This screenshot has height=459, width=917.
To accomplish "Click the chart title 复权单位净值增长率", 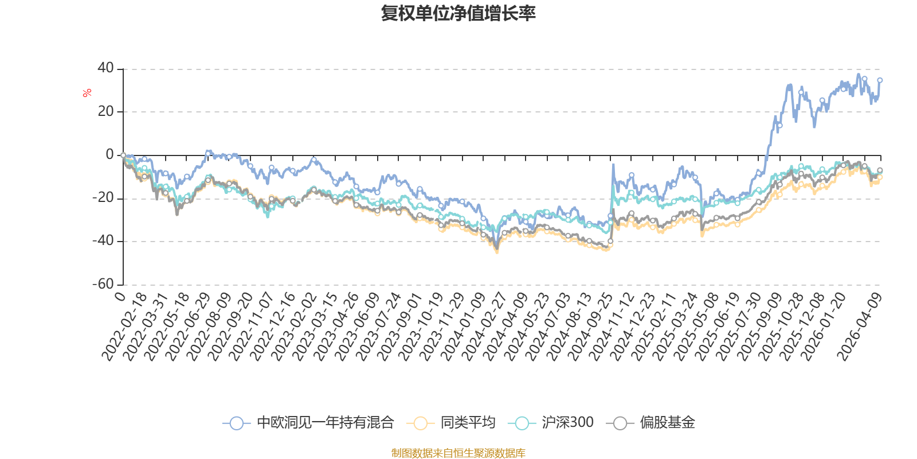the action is point(458,14).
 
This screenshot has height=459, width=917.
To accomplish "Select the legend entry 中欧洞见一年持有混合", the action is point(309,422).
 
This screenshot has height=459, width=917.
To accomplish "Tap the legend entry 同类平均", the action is point(451,422).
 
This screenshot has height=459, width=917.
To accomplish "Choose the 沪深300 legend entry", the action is point(551,422).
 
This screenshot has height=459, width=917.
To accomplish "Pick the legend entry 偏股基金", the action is point(650,422).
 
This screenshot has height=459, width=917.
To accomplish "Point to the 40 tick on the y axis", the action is point(105,68).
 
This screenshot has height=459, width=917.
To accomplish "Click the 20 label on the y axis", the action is point(105,111).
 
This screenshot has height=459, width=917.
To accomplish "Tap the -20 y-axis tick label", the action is point(103,198).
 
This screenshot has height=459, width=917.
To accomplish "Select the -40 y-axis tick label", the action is point(103,241).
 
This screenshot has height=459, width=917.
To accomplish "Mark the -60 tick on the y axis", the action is point(103,285).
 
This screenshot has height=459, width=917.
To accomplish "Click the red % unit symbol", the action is point(87,93).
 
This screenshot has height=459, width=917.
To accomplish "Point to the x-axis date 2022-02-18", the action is point(123,326).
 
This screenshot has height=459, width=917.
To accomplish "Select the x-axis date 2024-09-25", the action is point(590,326).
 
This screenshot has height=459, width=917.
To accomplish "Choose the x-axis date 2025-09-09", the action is point(760,326).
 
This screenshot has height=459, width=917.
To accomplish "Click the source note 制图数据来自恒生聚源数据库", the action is point(458,453).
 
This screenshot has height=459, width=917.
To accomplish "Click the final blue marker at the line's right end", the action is point(880,80).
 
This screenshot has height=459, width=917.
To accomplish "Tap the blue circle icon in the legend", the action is point(237,423).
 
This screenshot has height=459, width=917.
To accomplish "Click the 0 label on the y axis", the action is point(109,154).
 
